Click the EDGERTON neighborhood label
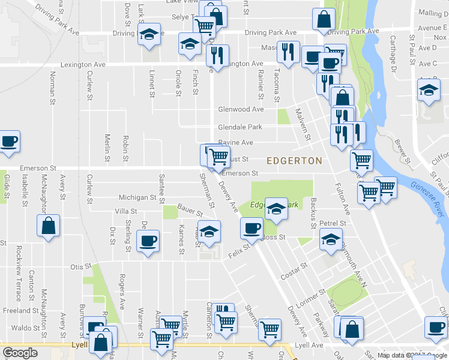click(294, 161)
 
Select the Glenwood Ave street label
click(241, 110)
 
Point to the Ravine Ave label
click(235, 143)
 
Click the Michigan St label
click(137, 197)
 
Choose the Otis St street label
click(80, 266)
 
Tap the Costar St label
click(294, 272)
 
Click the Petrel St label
click(333, 223)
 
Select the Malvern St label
click(303, 124)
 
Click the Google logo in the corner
click(20, 353)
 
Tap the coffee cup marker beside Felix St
click(252, 227)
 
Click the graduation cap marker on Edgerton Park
click(276, 208)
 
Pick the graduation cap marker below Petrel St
click(330, 239)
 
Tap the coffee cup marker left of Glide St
click(9, 142)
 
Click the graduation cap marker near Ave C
click(429, 91)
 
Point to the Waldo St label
click(25, 328)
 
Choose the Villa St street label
click(126, 211)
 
